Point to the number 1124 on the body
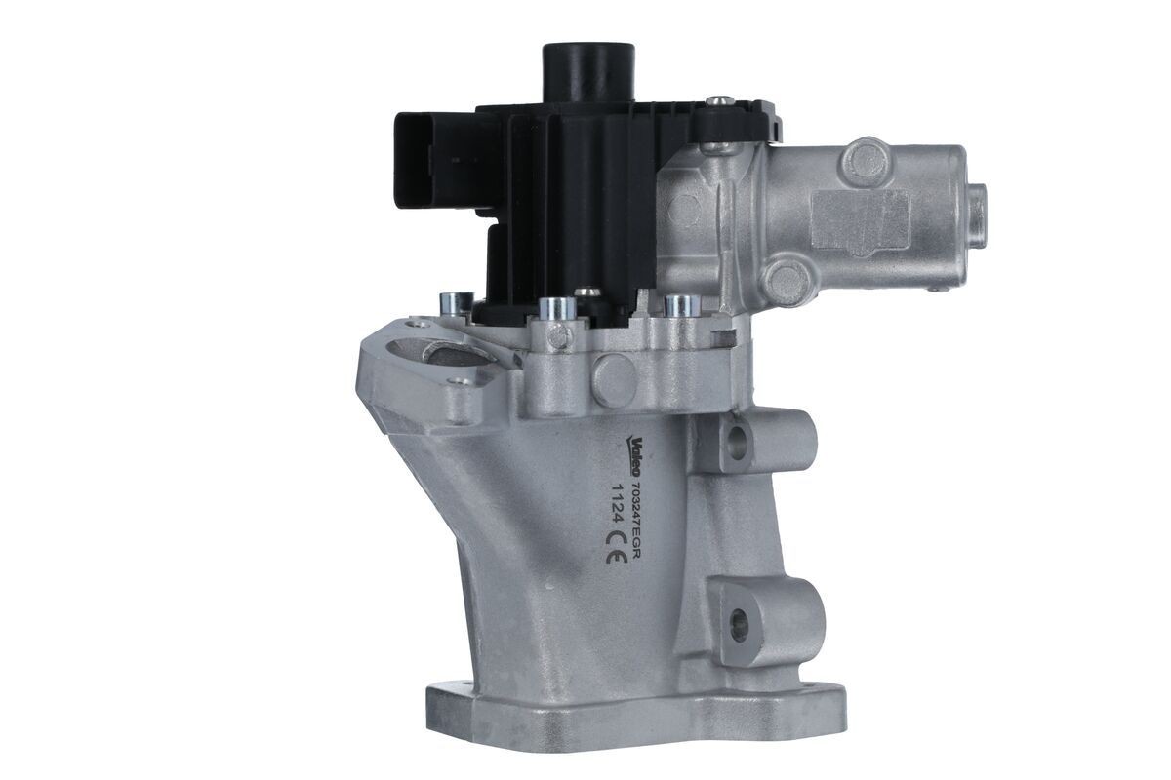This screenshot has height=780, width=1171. point(615,506)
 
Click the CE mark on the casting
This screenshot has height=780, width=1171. point(616,558)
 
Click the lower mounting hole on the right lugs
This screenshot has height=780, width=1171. point(738,616)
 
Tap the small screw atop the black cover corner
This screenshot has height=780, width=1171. point(719,100)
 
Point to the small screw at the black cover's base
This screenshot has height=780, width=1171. point(586,292)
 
